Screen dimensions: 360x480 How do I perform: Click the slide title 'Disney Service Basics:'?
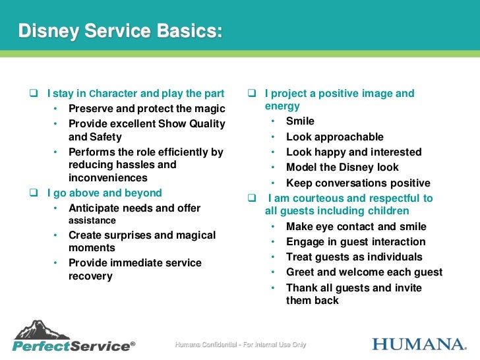point(119,31)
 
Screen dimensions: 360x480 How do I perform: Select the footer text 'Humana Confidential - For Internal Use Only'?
point(241,345)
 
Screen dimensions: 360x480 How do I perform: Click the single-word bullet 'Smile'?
point(300,121)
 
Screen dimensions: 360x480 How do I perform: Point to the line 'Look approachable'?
point(334,137)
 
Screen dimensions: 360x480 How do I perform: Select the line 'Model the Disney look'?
point(342,167)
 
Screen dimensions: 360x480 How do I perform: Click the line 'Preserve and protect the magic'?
point(146,109)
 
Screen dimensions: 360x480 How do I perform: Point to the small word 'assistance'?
point(92,221)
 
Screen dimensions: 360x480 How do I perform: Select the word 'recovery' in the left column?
point(90,276)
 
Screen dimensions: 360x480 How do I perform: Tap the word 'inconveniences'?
point(107,178)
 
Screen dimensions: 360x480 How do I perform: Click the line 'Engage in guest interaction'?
point(355,241)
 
